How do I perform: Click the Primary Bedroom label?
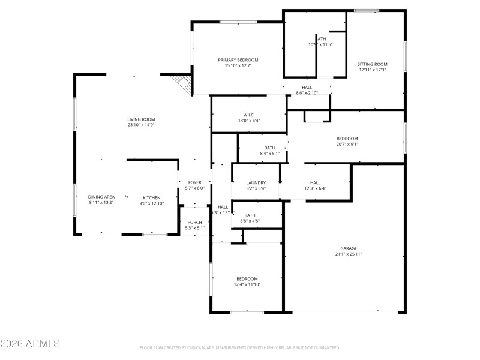[x=238, y=59]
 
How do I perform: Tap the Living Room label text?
[x=141, y=119]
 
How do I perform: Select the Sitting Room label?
[x=373, y=64]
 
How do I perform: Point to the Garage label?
[x=349, y=248]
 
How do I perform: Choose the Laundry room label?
[x=256, y=182]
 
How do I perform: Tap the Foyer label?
[x=195, y=182]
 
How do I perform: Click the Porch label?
[x=195, y=222]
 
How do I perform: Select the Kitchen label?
[x=151, y=197]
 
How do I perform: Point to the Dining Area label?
[x=101, y=197]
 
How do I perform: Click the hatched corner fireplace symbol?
[x=181, y=83]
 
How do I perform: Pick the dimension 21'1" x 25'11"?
[x=349, y=254]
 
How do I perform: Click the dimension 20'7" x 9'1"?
[x=347, y=144]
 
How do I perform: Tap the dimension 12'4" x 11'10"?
[x=247, y=284]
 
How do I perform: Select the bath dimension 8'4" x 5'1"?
[x=270, y=153]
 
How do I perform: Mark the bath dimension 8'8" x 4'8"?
[x=250, y=221]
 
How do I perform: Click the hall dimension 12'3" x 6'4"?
[x=315, y=188]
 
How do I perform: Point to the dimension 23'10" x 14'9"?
[x=141, y=125]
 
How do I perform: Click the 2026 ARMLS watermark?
[x=30, y=344]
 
